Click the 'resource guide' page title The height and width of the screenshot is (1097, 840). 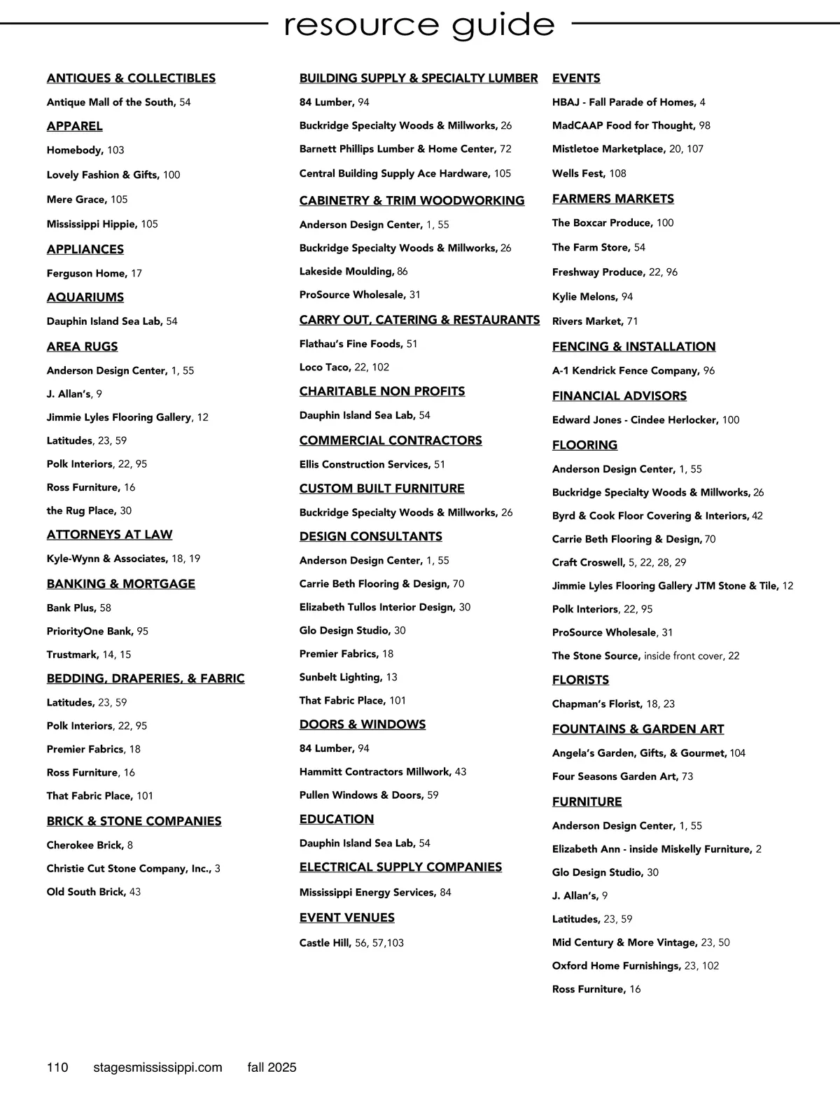point(419,25)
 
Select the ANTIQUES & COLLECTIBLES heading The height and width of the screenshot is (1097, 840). point(131,78)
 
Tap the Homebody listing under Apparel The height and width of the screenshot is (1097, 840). point(85,150)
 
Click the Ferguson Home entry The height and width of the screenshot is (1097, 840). point(94,273)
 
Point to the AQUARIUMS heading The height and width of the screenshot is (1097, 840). point(85,298)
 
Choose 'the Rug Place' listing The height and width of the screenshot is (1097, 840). point(89,510)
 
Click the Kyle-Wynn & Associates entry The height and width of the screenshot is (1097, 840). point(123,559)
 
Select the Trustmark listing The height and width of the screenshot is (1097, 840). point(88,655)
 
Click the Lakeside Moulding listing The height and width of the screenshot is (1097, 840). point(353,271)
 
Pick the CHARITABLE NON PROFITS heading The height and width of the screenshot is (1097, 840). point(382,391)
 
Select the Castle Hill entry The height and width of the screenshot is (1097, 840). point(351,943)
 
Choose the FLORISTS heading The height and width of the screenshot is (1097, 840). point(580,680)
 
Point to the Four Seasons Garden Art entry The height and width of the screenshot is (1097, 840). point(622,776)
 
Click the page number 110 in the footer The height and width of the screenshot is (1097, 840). point(57,1068)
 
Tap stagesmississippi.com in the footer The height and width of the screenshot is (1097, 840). point(157,1068)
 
